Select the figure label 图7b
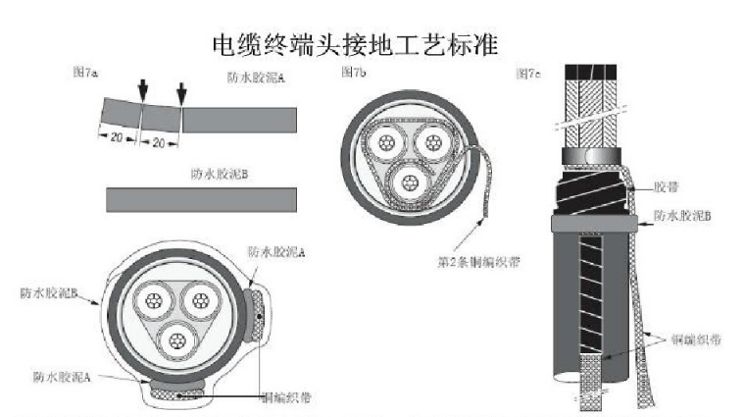click(353, 73)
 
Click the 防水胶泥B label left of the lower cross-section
click(48, 291)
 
